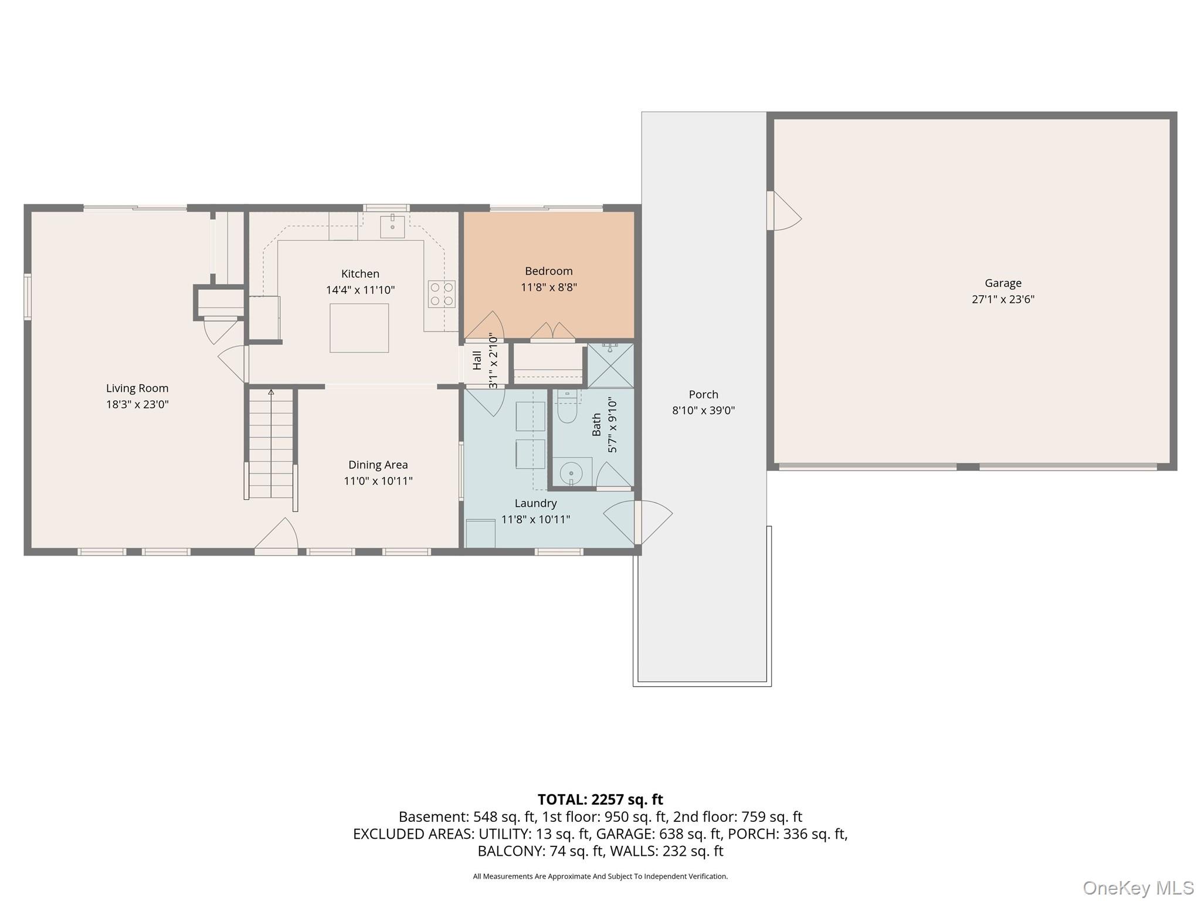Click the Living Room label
(x=137, y=388)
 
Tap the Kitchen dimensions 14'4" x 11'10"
(x=360, y=290)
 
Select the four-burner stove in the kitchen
(x=442, y=294)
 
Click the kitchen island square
(x=359, y=328)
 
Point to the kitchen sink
(x=392, y=226)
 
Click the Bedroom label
(x=549, y=271)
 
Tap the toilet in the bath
(x=567, y=407)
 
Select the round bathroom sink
(x=571, y=472)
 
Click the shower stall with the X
(x=610, y=365)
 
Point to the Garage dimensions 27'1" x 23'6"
(x=1003, y=299)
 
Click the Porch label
(x=703, y=395)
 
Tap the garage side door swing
(x=785, y=211)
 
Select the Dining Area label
(x=378, y=465)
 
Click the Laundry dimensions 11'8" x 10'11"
(x=535, y=519)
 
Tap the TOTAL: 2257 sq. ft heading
(x=600, y=800)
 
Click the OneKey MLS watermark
(x=1138, y=888)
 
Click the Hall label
(x=477, y=361)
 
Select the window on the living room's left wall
(x=27, y=297)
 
